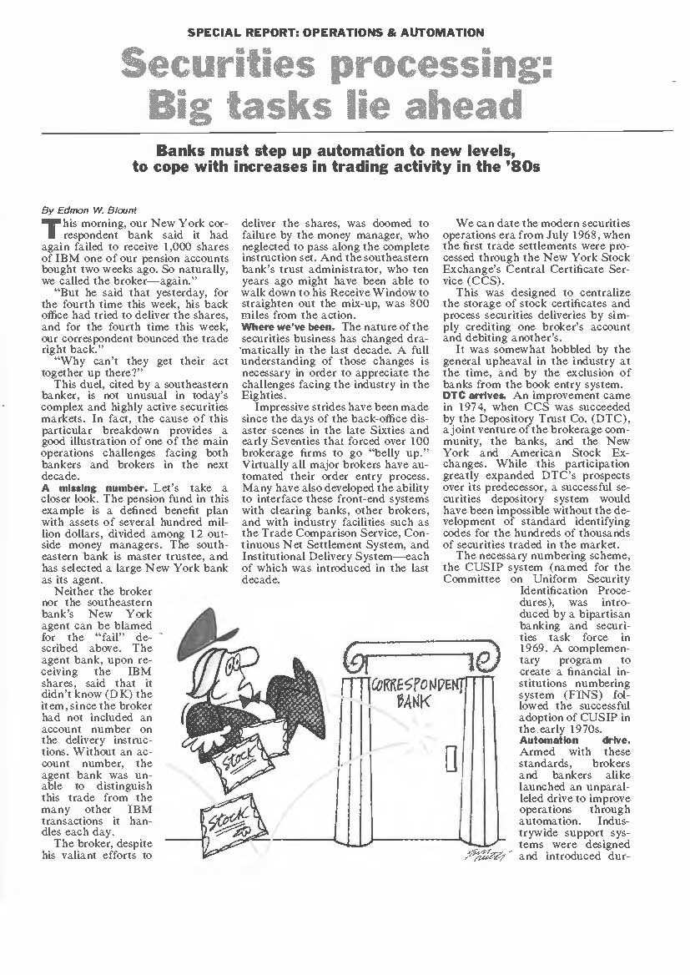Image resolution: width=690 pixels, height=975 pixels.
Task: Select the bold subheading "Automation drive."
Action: tap(575, 740)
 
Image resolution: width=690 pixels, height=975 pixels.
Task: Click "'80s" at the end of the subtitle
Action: tap(524, 166)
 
